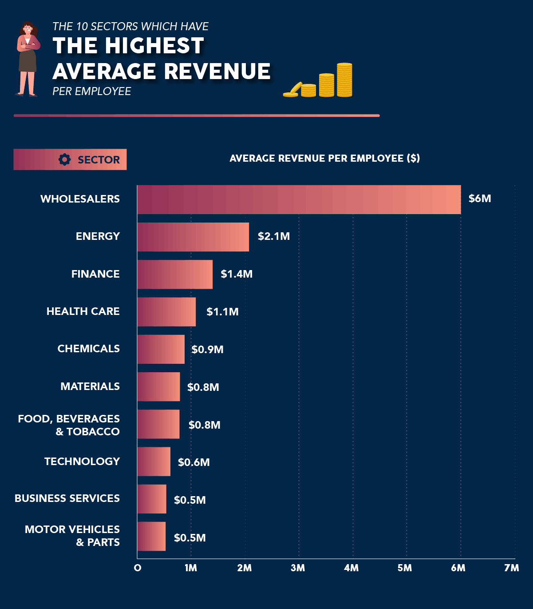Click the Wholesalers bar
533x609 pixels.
click(x=299, y=199)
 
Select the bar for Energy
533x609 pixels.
click(x=193, y=237)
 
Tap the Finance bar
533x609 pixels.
click(x=175, y=274)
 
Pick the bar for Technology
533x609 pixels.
click(x=154, y=462)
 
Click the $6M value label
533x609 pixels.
click(x=479, y=199)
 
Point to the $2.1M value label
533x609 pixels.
click(x=273, y=236)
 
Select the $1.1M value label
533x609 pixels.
click(x=222, y=312)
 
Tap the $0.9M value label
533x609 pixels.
click(x=207, y=350)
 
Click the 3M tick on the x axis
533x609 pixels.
click(x=298, y=568)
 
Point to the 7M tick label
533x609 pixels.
click(x=511, y=568)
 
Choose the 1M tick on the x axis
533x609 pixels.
click(x=191, y=568)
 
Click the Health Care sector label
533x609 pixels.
click(x=83, y=311)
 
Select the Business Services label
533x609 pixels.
click(x=67, y=498)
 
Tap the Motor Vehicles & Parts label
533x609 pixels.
click(x=72, y=536)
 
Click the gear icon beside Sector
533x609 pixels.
click(x=65, y=159)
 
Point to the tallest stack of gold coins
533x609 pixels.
click(x=344, y=80)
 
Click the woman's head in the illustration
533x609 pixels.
click(x=28, y=29)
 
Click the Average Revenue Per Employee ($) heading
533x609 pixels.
click(x=324, y=159)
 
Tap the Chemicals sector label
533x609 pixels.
click(x=88, y=349)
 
